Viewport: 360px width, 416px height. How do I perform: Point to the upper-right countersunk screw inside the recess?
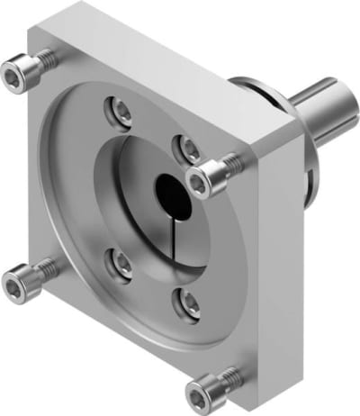point(188,147)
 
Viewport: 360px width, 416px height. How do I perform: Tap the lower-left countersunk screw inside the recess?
point(120,261)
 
